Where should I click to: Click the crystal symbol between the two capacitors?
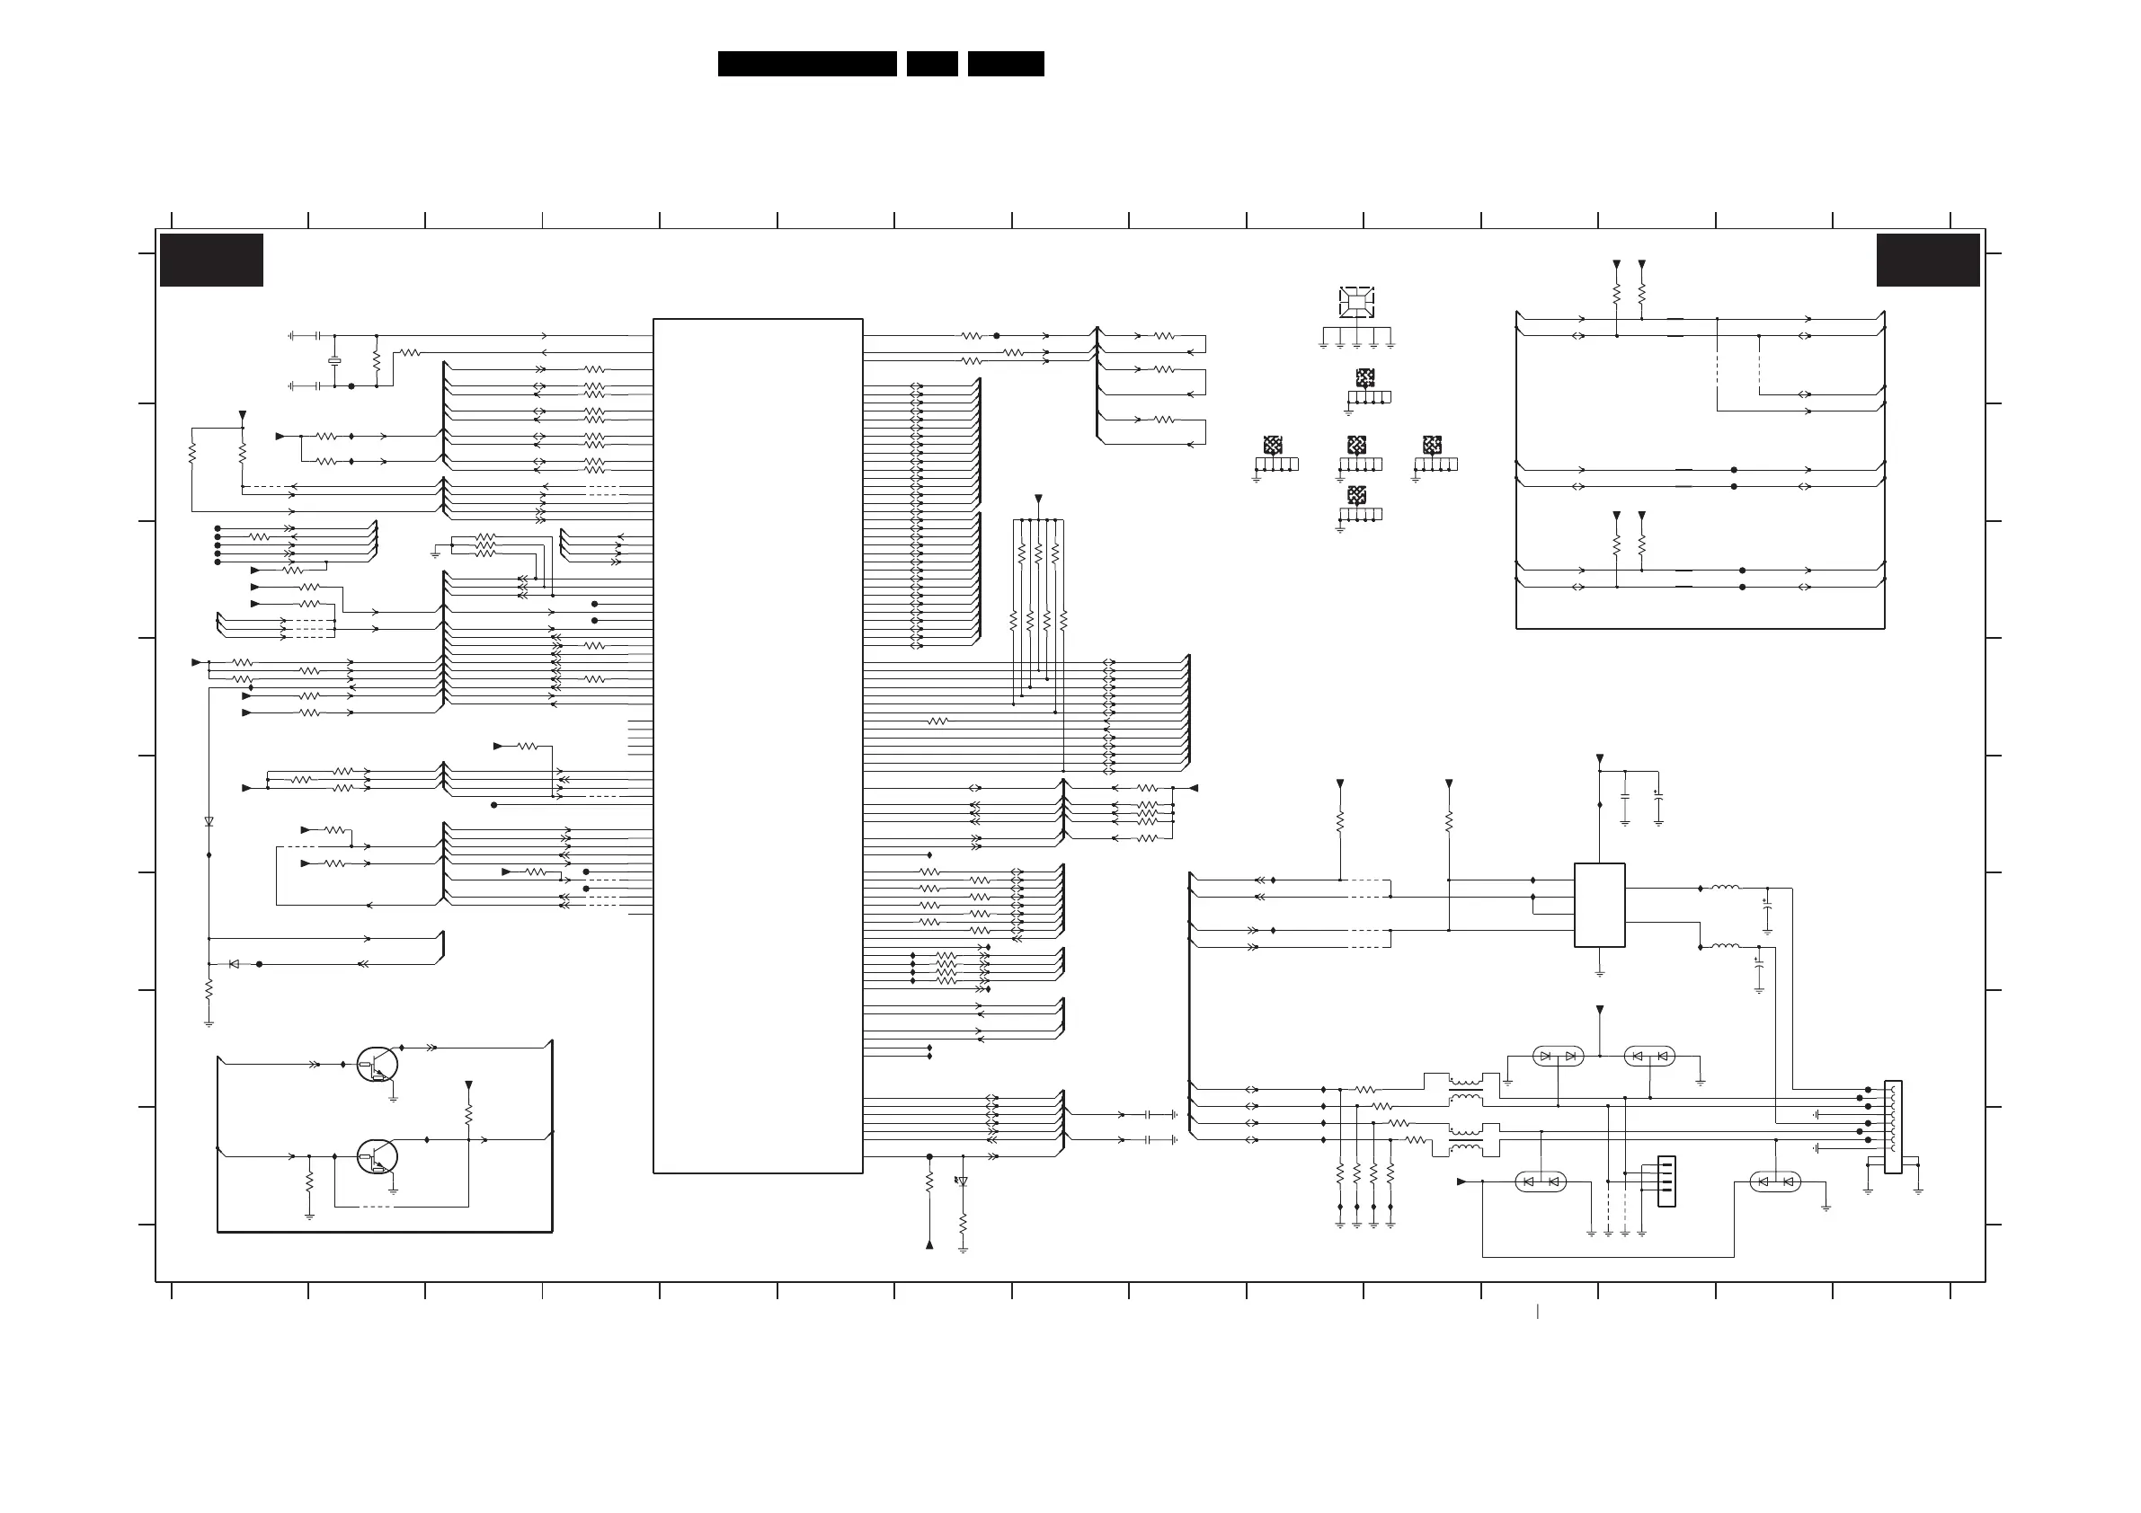[x=333, y=361]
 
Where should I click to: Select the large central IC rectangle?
[x=757, y=746]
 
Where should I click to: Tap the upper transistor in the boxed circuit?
[x=377, y=1064]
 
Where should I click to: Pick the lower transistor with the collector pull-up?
[x=377, y=1156]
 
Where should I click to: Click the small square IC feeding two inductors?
[x=1599, y=904]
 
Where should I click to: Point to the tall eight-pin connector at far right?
[x=1893, y=1126]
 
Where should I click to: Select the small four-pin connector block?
[x=1666, y=1181]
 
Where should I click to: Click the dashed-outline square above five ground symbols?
[x=1355, y=301]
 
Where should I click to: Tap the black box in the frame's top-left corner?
[x=212, y=260]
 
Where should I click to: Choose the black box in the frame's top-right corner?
[x=1927, y=260]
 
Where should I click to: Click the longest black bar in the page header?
[x=806, y=64]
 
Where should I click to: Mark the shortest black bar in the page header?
[x=931, y=64]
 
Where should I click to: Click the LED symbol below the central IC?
[x=963, y=1181]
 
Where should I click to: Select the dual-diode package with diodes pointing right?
[x=1558, y=1057]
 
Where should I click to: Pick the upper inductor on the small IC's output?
[x=1724, y=888]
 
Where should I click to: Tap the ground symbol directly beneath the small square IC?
[x=1599, y=972]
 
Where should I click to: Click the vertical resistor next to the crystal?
[x=377, y=360]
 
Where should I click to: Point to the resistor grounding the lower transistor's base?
[x=308, y=1182]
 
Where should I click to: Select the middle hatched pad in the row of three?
[x=1356, y=446]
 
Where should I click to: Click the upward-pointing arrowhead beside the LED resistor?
[x=928, y=1243]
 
